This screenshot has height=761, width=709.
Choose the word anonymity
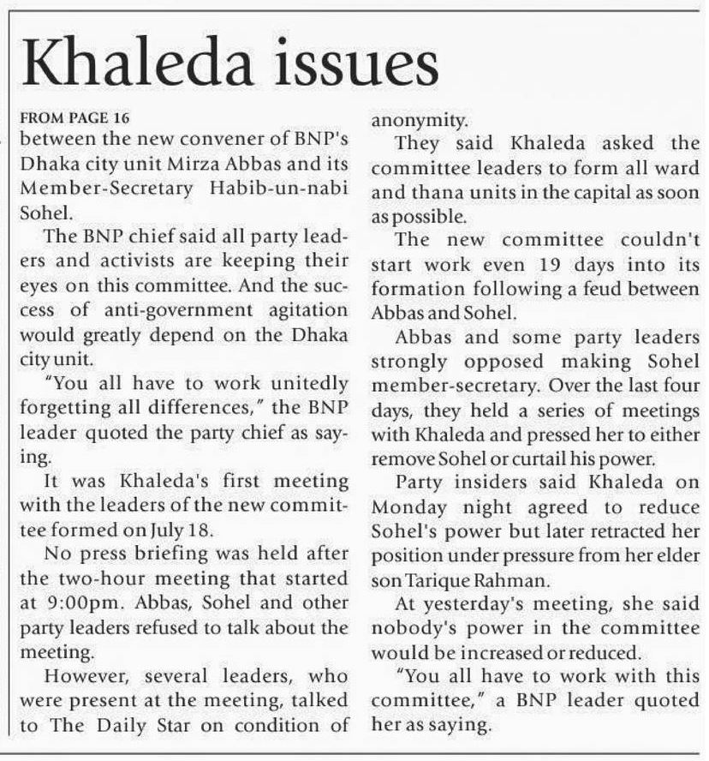[419, 119]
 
